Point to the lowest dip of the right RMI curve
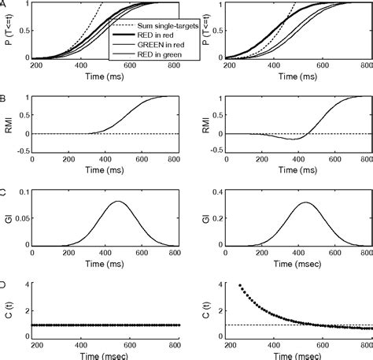click(x=293, y=139)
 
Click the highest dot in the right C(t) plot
click(x=238, y=285)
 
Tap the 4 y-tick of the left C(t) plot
click(x=26, y=284)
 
